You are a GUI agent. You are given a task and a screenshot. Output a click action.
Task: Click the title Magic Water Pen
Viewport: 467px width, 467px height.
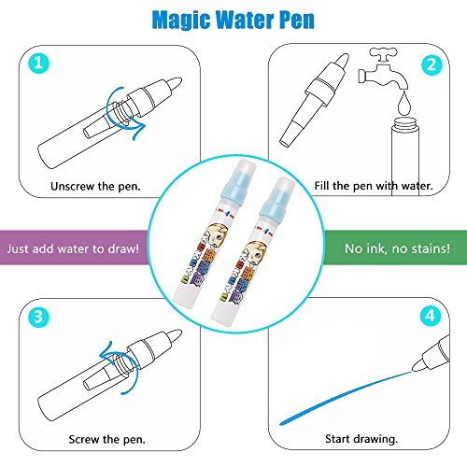pyautogui.click(x=233, y=21)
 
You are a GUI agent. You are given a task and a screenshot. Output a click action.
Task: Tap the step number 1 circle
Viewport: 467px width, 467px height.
pyautogui.click(x=38, y=64)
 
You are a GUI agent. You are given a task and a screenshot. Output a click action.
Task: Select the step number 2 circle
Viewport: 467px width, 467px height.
pyautogui.click(x=432, y=64)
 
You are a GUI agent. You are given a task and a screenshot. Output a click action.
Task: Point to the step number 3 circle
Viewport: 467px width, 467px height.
pyautogui.click(x=38, y=317)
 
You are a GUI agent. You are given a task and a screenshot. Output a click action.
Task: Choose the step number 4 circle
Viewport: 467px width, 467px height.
pyautogui.click(x=431, y=316)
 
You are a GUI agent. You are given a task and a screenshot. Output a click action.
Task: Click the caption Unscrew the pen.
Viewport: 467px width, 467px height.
pyautogui.click(x=95, y=186)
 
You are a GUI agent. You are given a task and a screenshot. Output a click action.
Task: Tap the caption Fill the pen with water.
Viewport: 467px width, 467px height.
pyautogui.click(x=374, y=186)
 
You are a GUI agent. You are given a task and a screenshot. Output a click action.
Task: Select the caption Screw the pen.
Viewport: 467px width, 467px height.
pyautogui.click(x=106, y=439)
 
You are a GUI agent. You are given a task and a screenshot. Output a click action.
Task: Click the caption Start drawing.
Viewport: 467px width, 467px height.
pyautogui.click(x=361, y=439)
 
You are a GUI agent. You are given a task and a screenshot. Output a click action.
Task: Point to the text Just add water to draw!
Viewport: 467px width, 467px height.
pyautogui.click(x=73, y=248)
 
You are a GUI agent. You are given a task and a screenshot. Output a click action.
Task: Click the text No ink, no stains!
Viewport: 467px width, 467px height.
pyautogui.click(x=397, y=248)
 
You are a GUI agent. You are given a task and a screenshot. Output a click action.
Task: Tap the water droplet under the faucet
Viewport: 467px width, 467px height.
pyautogui.click(x=404, y=103)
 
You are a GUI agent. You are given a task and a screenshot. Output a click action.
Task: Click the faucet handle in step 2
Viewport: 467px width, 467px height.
pyautogui.click(x=383, y=54)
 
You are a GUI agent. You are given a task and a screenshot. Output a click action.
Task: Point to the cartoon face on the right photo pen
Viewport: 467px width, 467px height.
pyautogui.click(x=256, y=252)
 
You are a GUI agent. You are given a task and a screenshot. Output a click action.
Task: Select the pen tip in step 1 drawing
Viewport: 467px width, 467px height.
pyautogui.click(x=175, y=83)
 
